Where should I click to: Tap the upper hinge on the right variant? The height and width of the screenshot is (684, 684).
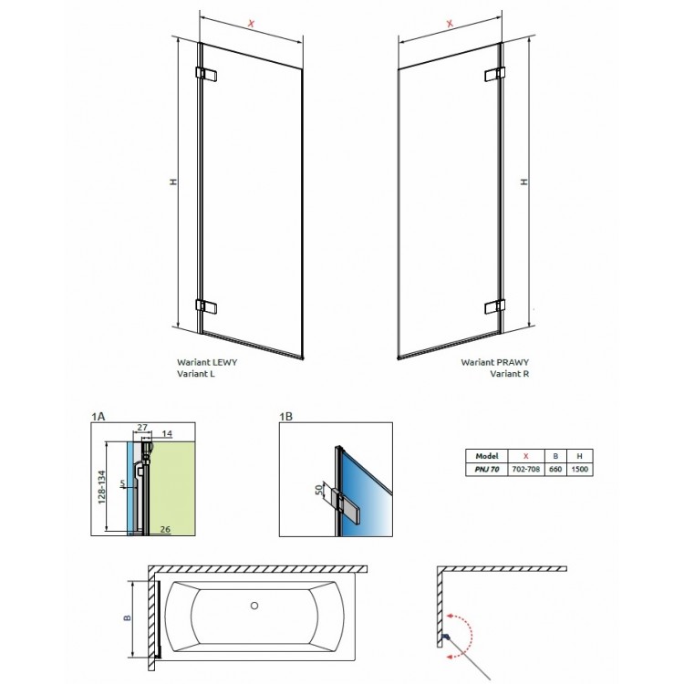click(494, 74)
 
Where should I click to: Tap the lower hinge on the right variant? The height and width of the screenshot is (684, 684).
click(494, 305)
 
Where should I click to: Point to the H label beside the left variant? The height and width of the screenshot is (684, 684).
click(172, 183)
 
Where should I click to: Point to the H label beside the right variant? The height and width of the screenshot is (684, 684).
click(523, 182)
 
